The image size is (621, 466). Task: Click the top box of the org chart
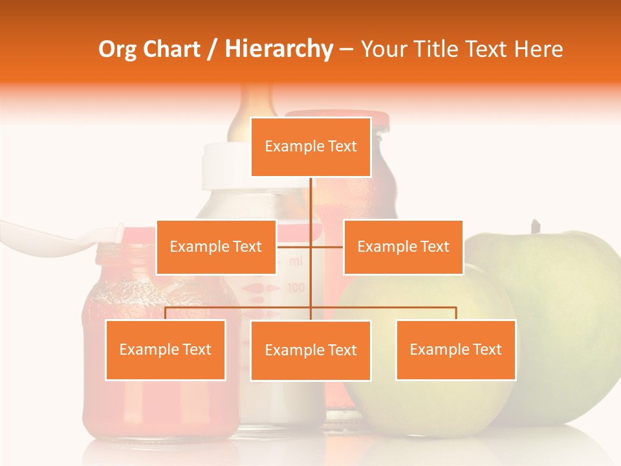click(x=310, y=147)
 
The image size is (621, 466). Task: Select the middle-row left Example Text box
click(x=216, y=247)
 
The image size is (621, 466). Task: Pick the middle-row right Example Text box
click(x=403, y=247)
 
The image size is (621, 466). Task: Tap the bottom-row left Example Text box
click(x=165, y=349)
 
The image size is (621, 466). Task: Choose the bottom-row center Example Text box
click(x=310, y=350)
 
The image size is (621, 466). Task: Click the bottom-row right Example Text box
click(x=455, y=349)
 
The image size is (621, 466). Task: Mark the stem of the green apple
click(x=535, y=227)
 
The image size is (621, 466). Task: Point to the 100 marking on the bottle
click(x=296, y=287)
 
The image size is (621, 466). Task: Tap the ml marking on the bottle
click(x=296, y=261)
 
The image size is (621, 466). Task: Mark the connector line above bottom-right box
click(x=455, y=313)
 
